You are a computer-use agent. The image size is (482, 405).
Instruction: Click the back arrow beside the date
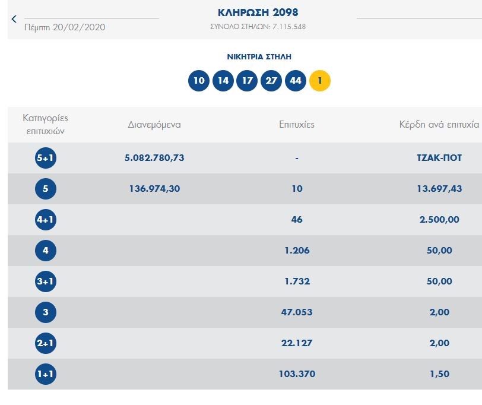[x=14, y=19]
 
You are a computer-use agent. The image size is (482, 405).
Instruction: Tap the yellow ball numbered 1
[x=320, y=81]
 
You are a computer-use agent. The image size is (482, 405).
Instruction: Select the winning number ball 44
[x=296, y=81]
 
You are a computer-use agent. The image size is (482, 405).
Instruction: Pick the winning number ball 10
[x=199, y=81]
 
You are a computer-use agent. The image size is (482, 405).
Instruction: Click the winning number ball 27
[x=271, y=81]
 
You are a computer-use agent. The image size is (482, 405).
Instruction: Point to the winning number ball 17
[x=247, y=81]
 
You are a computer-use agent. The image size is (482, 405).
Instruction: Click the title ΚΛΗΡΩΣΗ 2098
[x=258, y=12]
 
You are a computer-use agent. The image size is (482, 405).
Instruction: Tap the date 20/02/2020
[x=79, y=27]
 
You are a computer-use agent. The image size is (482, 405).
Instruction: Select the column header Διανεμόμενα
[x=154, y=125]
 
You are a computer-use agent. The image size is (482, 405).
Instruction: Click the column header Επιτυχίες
[x=297, y=125]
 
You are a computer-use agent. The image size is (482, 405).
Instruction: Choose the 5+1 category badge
[x=46, y=158]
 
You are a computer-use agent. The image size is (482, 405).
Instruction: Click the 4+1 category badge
[x=46, y=220]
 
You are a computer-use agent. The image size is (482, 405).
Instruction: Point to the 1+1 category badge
[x=46, y=374]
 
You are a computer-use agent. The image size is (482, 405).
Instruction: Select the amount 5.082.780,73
[x=154, y=158]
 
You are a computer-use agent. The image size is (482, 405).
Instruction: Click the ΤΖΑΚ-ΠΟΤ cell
[x=439, y=158]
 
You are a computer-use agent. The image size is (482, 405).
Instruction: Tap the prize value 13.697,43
[x=439, y=188]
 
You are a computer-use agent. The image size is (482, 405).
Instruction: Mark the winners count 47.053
[x=297, y=312]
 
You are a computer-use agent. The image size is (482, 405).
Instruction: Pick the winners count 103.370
[x=297, y=374]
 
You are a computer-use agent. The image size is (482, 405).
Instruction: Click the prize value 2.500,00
[x=439, y=220]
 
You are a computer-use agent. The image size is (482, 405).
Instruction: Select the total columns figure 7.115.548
[x=289, y=27]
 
